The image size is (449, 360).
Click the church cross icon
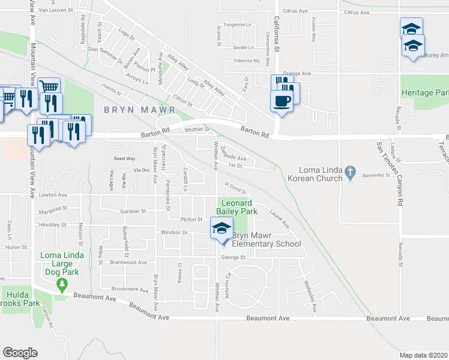pyautogui.click(x=352, y=173)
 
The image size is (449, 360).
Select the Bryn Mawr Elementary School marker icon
pyautogui.click(x=221, y=229)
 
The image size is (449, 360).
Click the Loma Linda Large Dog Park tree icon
pyautogui.click(x=61, y=283)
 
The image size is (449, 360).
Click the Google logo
pyautogui.click(x=20, y=352)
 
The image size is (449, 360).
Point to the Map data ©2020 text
pyautogui.click(x=423, y=355)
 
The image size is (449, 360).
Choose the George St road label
pyautogui.click(x=234, y=257)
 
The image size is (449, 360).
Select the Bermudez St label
pyautogui.click(x=377, y=176)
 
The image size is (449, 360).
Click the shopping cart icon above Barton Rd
pyautogui.click(x=49, y=87)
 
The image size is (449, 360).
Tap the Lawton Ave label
pyautogui.click(x=54, y=195)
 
